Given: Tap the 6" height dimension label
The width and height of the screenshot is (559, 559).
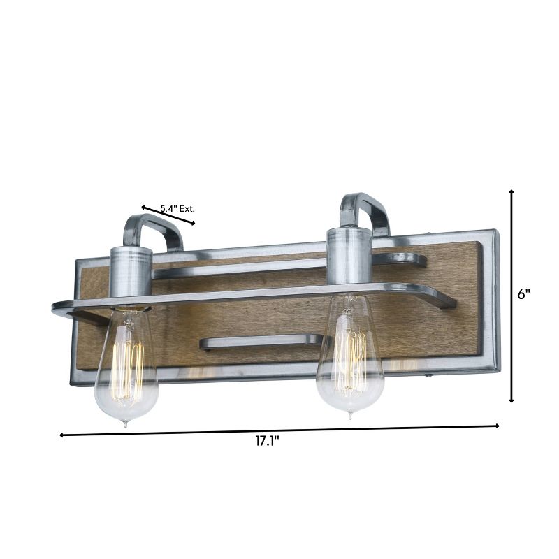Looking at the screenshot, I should [x=524, y=295].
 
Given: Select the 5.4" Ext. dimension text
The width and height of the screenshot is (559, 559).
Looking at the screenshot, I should [x=177, y=208].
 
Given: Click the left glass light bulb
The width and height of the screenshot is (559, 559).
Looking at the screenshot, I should [x=126, y=367].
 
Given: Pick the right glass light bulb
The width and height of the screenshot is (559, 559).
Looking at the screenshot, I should [x=350, y=356].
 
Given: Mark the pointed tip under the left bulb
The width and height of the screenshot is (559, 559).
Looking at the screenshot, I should [x=125, y=423].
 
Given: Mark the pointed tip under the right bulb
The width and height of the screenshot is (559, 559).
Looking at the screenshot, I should [x=350, y=416].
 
